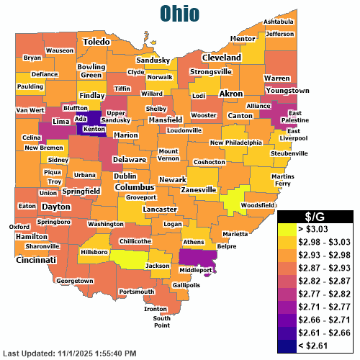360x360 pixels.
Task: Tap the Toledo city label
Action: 96,42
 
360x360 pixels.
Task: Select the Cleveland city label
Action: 221,57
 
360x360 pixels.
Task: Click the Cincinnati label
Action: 37,259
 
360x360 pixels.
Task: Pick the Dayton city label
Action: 56,206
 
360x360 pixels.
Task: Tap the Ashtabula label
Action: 278,22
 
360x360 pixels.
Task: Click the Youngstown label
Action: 287,91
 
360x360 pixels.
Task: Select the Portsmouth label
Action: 136,292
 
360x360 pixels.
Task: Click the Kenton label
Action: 94,130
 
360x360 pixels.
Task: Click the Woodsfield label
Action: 258,205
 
